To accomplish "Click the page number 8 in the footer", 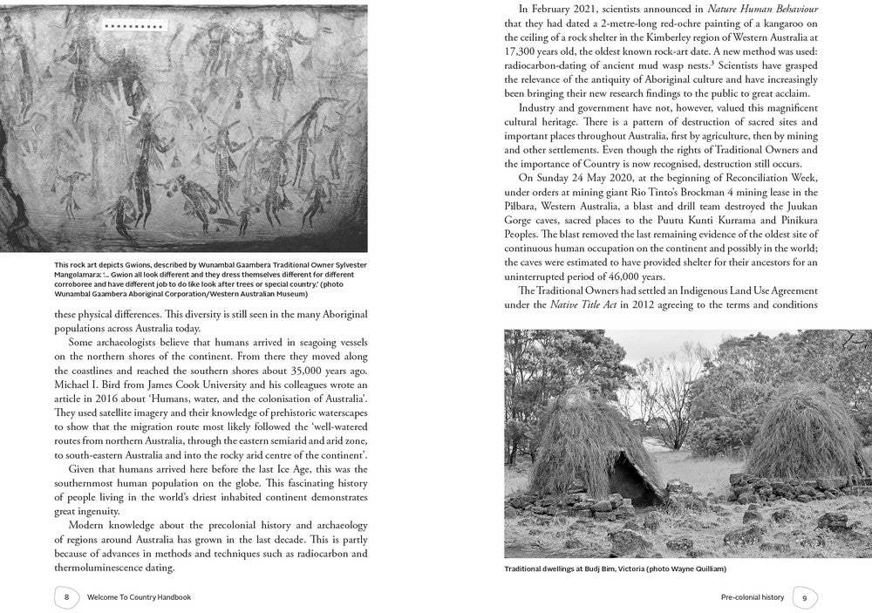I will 66,597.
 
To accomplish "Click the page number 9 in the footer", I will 804,597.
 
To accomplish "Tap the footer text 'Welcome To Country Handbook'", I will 139,597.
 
